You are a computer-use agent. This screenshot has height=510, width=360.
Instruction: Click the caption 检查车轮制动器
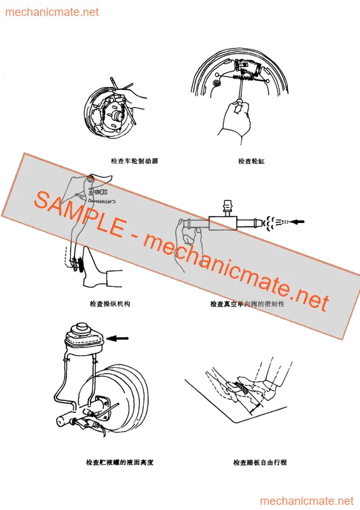[x=134, y=161]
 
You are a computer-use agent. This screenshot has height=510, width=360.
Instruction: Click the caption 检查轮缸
[x=251, y=161]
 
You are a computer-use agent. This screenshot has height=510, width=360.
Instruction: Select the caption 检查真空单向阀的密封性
[x=247, y=304]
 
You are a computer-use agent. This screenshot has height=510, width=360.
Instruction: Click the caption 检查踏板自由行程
[x=260, y=463]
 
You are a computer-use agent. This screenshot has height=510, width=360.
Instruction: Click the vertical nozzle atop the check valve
[x=226, y=207]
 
